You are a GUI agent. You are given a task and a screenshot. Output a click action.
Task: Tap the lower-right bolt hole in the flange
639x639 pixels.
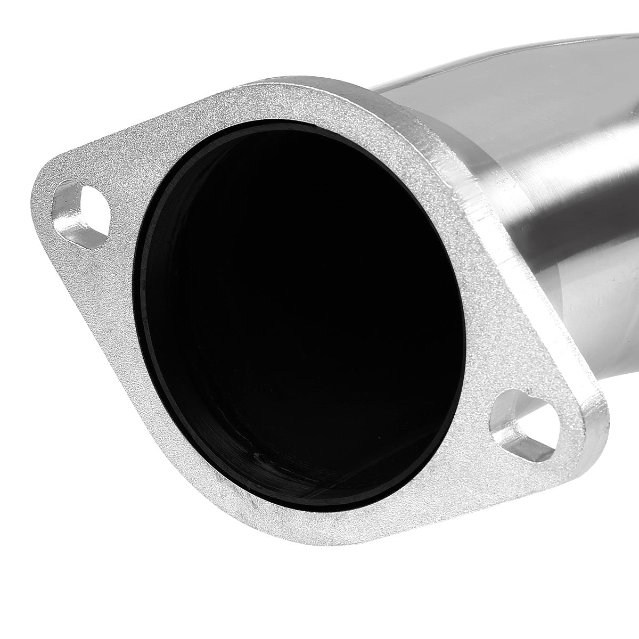tap(519, 426)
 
